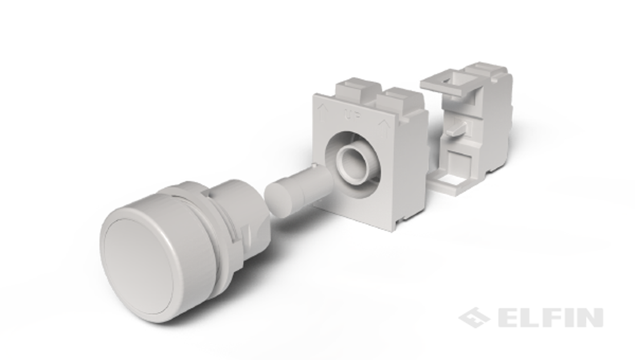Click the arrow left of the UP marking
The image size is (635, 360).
tap(324, 111)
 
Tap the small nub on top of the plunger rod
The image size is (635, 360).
tap(314, 166)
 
